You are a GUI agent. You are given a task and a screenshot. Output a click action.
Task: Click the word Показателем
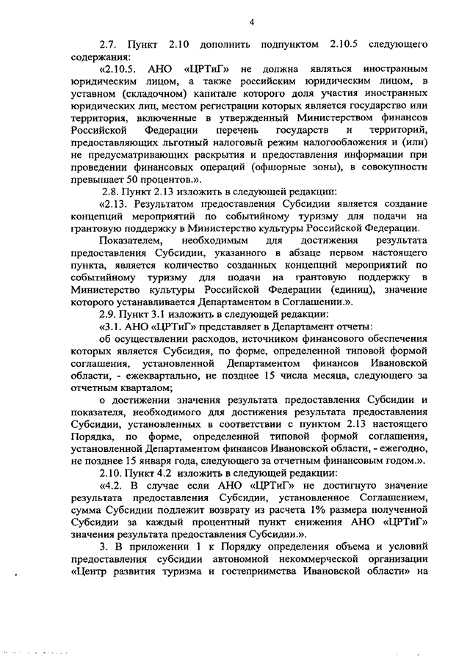[x=127, y=258]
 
